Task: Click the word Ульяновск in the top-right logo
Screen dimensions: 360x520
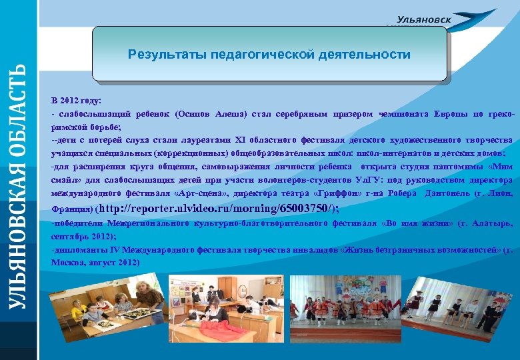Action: click(x=424, y=20)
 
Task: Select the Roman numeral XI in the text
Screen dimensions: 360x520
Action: click(x=241, y=139)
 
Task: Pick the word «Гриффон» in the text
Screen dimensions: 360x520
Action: click(x=346, y=193)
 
